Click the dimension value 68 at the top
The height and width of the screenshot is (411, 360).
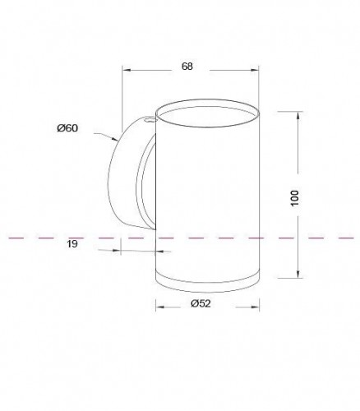187,67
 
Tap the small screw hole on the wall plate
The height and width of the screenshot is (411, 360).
148,119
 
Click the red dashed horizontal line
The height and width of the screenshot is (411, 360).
49,238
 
